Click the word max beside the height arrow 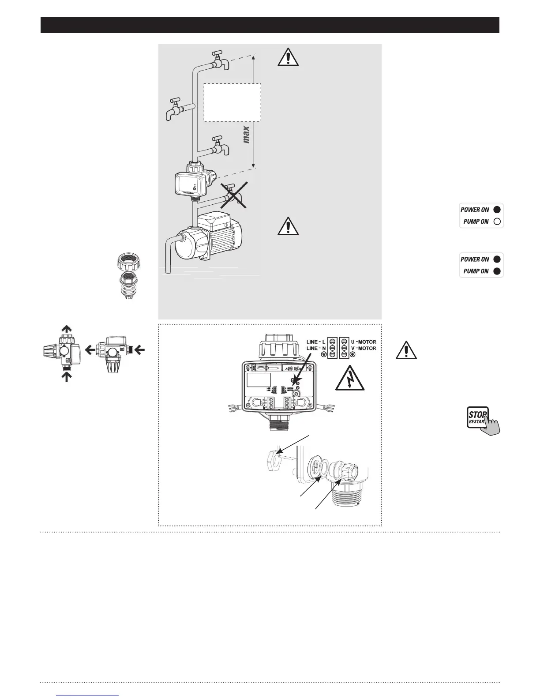point(246,135)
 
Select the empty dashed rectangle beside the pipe point(232,102)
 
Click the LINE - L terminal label point(316,342)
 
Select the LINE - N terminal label point(316,349)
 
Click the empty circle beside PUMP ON point(497,222)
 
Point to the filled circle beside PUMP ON point(497,271)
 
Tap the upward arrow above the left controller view point(66,329)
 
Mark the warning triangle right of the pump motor point(288,226)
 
